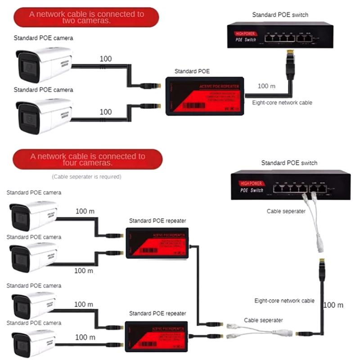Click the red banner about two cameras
click(x=86, y=18)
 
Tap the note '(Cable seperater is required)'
click(x=86, y=177)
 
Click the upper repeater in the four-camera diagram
click(x=157, y=243)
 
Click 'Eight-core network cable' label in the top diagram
click(x=282, y=103)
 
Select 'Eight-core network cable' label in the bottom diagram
click(x=284, y=300)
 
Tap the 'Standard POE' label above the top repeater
click(x=192, y=71)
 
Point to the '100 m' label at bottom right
click(x=333, y=305)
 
